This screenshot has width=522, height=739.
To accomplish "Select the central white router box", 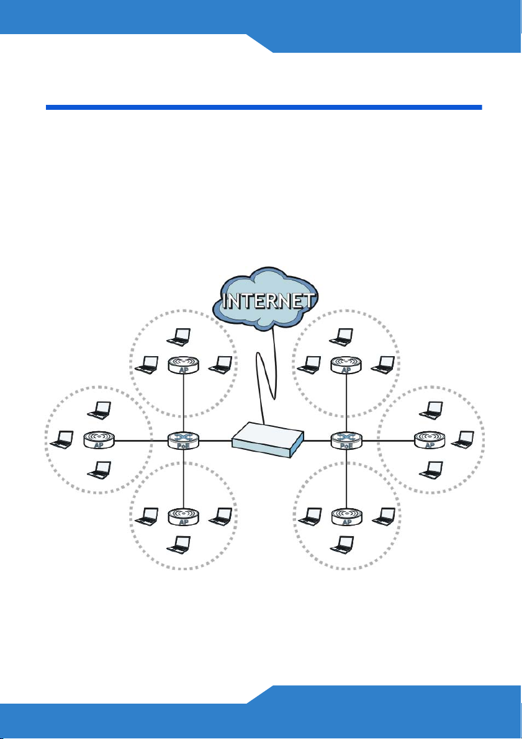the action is [268, 440].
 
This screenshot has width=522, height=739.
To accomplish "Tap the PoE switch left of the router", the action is [184, 441].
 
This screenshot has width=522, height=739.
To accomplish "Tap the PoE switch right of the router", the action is [346, 441].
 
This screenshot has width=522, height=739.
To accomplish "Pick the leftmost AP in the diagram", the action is [99, 441].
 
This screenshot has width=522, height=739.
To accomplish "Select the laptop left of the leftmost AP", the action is [62, 440].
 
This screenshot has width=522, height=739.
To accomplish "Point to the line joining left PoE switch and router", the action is [215, 441].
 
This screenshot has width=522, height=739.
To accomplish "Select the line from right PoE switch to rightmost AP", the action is [389, 441].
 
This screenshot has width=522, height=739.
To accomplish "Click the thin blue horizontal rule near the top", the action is [264, 107].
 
